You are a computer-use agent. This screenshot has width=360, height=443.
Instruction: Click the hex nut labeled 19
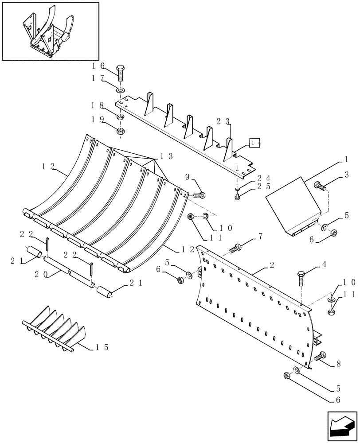point(121,131)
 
